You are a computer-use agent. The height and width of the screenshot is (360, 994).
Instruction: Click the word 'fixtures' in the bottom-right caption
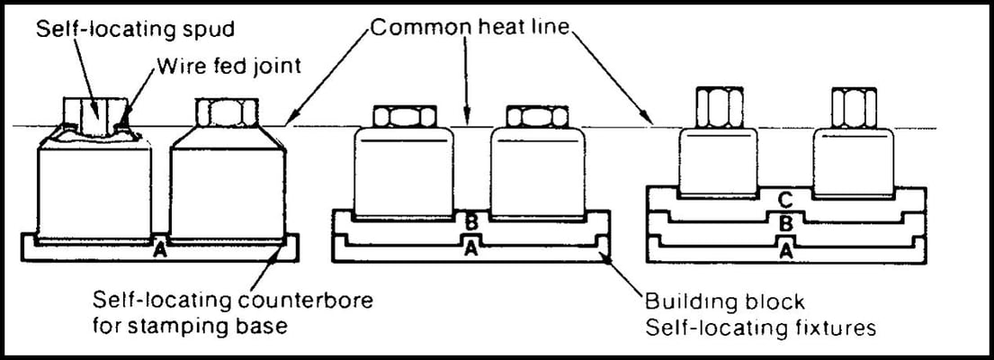tap(831, 328)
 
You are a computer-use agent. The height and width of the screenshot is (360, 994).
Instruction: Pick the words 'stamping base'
tap(219, 325)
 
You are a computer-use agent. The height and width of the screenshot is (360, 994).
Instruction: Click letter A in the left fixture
tap(159, 249)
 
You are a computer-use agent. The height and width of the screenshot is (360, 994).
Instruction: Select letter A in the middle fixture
tap(470, 250)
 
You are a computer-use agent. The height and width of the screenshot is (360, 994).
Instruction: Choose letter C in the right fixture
tap(783, 199)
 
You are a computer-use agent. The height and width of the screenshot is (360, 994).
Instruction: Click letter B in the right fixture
tap(783, 223)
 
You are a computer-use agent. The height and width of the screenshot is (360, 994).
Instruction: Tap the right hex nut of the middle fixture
tap(538, 117)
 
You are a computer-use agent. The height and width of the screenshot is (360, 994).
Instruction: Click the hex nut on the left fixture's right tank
tap(225, 113)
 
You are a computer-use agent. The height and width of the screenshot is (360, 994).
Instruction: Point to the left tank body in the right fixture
tap(716, 162)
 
